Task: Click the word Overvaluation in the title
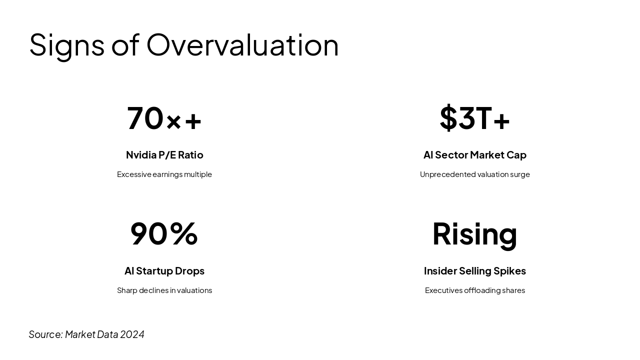tap(242, 45)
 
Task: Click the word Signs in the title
tap(66, 45)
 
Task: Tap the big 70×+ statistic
tap(164, 118)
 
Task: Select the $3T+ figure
tap(474, 118)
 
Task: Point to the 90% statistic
tap(164, 233)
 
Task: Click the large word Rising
tap(474, 233)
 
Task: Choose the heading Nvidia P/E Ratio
tap(164, 155)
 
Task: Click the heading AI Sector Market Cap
tap(474, 155)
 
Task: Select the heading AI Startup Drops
tap(164, 271)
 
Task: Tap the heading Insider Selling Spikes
tap(474, 271)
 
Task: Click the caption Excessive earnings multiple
tap(164, 174)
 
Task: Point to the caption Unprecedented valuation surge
tap(474, 174)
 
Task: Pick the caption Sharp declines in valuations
tap(164, 290)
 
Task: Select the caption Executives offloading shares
tap(474, 290)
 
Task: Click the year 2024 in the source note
tap(132, 334)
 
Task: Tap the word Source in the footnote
tap(45, 334)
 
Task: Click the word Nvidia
tap(141, 155)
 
